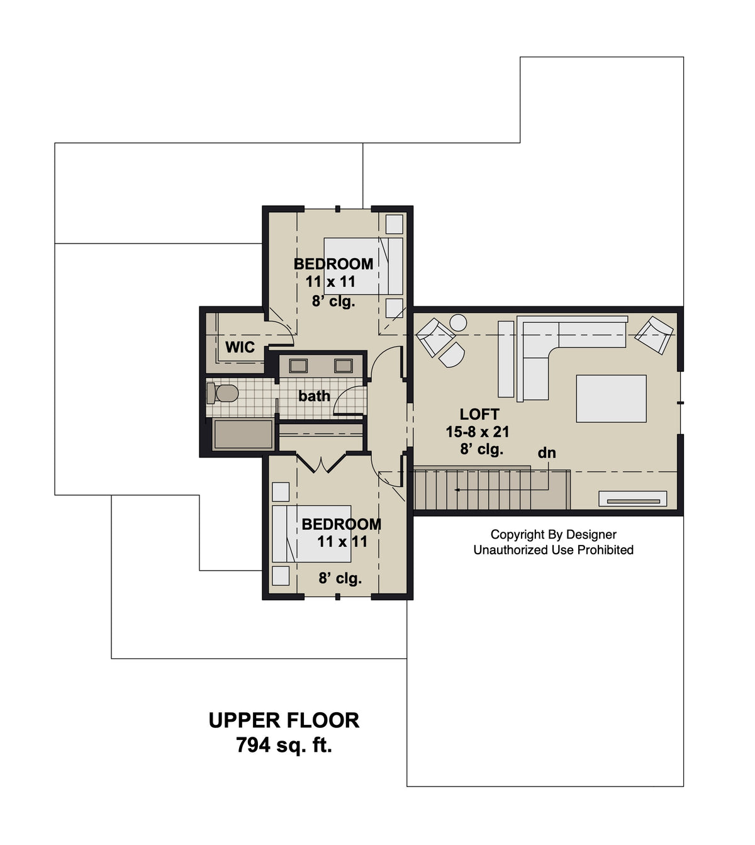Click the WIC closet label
240,347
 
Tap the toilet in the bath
223,394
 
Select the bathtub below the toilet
243,434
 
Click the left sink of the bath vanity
298,366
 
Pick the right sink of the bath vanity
344,366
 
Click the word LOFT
479,414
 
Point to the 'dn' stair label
546,453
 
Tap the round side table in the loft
458,323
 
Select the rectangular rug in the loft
611,398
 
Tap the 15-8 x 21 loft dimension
478,432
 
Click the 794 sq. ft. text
284,746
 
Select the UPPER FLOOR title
284,720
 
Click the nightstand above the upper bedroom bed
394,224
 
